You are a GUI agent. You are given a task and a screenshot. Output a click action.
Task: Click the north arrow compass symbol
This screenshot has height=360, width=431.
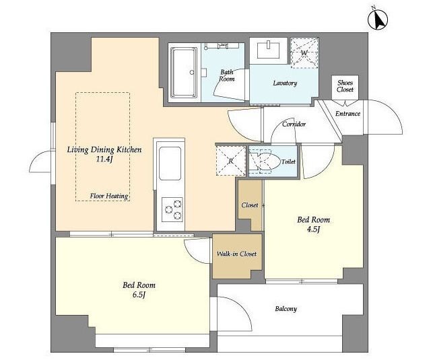tap(378, 20)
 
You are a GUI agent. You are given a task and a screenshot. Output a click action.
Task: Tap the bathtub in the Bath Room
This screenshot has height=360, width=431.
tap(184, 73)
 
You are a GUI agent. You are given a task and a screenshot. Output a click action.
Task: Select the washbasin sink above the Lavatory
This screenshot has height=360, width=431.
tap(268, 50)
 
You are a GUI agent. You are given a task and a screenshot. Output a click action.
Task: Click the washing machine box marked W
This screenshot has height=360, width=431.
tap(304, 52)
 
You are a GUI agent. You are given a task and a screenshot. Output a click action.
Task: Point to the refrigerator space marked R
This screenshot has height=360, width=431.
tap(231, 161)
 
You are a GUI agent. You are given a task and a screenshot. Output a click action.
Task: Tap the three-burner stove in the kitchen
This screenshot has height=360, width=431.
tap(172, 209)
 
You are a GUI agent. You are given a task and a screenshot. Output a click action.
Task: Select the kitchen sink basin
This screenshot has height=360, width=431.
tap(170, 163)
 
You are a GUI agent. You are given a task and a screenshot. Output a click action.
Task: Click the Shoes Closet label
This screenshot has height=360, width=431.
tap(345, 86)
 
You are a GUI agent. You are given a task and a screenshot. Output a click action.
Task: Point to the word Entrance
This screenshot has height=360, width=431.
tap(347, 114)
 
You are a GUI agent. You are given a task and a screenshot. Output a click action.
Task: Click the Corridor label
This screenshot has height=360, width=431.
tap(294, 124)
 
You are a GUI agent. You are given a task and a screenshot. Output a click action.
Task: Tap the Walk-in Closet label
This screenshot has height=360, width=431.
tap(236, 254)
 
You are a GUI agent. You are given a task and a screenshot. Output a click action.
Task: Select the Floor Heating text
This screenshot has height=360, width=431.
tap(109, 196)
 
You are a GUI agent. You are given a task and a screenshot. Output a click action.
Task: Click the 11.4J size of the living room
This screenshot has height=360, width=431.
tap(104, 159)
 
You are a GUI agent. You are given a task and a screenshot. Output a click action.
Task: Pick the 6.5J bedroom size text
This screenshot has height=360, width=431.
tap(139, 295)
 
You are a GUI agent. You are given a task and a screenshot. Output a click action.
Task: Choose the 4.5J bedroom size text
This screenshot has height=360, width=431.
tap(313, 229)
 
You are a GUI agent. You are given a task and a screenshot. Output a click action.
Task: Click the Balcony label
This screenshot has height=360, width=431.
tap(286, 309)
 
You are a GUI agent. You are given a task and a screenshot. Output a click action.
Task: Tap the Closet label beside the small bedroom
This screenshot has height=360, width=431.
tap(250, 205)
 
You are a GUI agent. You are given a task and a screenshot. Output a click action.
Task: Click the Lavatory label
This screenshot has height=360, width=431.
tap(285, 83)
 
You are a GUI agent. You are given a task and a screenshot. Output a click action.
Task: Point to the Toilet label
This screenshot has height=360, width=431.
tap(288, 161)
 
